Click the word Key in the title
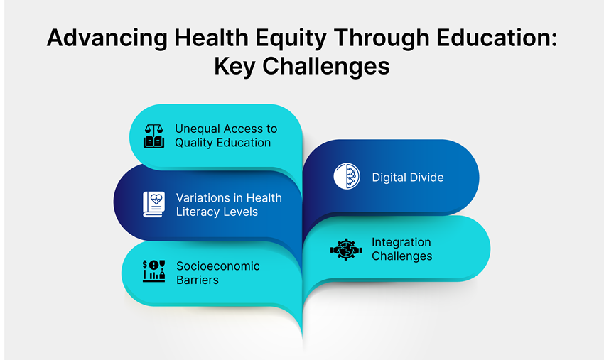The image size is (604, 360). point(235,66)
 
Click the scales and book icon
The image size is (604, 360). point(154,136)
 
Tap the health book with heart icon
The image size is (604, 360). point(154,204)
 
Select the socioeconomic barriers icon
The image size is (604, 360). point(154,271)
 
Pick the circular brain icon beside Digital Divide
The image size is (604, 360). point(347,177)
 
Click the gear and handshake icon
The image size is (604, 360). point(347,249)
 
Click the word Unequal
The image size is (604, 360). point(198,129)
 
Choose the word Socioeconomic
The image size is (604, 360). point(218,266)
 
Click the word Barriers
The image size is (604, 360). point(198,280)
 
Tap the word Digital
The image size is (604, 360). point(389,178)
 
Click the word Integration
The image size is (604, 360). point(401,243)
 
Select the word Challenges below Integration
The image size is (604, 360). point(401,256)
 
